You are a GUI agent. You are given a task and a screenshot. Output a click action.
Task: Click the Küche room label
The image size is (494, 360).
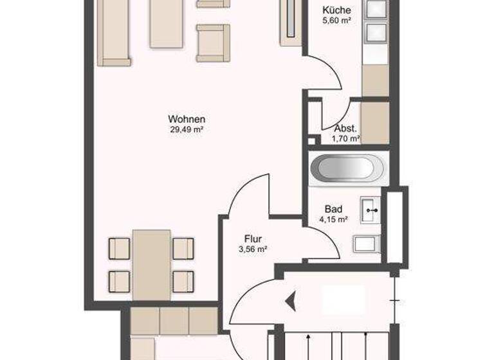(336, 10)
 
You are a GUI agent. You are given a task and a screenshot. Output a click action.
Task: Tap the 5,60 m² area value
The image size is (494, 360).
(336, 21)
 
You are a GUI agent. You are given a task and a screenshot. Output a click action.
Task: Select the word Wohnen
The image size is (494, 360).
(187, 119)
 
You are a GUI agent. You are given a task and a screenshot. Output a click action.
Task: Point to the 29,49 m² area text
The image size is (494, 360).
(187, 130)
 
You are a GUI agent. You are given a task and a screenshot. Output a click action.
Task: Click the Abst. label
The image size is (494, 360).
(345, 128)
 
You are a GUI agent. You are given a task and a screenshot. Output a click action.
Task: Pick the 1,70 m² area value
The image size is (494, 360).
(345, 138)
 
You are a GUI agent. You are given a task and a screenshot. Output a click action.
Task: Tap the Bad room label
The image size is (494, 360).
(333, 209)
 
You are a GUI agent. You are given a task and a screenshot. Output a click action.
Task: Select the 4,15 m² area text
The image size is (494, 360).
(333, 219)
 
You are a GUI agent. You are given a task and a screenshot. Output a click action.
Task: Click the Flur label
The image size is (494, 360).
(253, 239)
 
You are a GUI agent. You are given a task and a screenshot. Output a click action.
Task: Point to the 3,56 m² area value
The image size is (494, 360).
(253, 249)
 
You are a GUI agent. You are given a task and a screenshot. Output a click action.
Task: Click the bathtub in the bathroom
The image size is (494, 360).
(346, 169)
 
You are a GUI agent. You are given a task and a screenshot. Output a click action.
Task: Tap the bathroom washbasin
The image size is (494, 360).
(371, 208)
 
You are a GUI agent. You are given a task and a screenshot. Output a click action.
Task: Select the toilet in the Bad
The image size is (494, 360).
(367, 244)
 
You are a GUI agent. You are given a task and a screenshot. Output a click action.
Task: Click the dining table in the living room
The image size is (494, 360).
(152, 264)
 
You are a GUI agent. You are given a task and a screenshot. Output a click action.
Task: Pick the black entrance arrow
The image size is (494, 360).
(291, 300)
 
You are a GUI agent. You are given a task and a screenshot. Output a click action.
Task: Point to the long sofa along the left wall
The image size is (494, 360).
(114, 32)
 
